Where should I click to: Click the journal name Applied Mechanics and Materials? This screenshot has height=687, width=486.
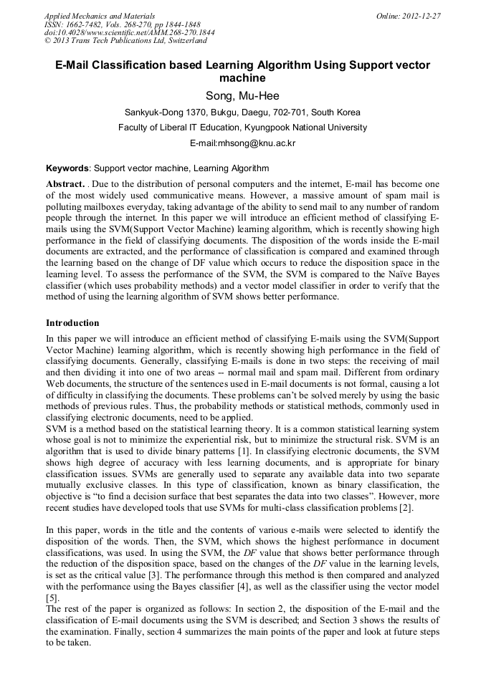pyautogui.click(x=99, y=16)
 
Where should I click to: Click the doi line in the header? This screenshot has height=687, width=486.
pyautogui.click(x=129, y=33)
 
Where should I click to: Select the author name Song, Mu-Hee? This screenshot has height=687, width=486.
pyautogui.click(x=242, y=96)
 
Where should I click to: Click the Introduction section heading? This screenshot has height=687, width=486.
pyautogui.click(x=72, y=323)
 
